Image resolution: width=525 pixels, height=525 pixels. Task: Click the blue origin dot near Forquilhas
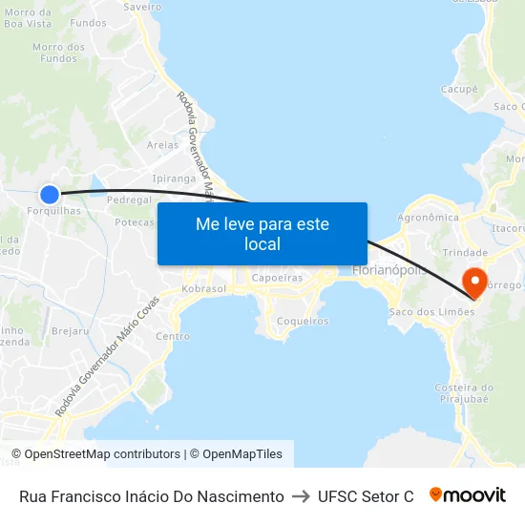pos(50,193)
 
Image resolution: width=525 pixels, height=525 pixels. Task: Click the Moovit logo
pos(468,495)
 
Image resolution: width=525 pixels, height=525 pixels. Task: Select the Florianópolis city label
pos(388,270)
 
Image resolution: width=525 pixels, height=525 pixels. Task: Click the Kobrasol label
pos(202,288)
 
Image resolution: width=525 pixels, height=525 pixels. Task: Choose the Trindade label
pos(466,252)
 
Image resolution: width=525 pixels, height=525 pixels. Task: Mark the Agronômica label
pos(428,218)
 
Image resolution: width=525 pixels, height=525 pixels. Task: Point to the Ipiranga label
pos(174,178)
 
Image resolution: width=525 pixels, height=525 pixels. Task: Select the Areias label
pos(162,145)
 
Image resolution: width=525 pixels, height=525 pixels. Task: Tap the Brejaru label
pos(70,331)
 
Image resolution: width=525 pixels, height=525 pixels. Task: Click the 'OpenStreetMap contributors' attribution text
pos(102,454)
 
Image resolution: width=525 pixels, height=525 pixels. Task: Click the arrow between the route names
pos(301,496)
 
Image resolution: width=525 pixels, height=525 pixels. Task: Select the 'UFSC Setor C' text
pos(366,496)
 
